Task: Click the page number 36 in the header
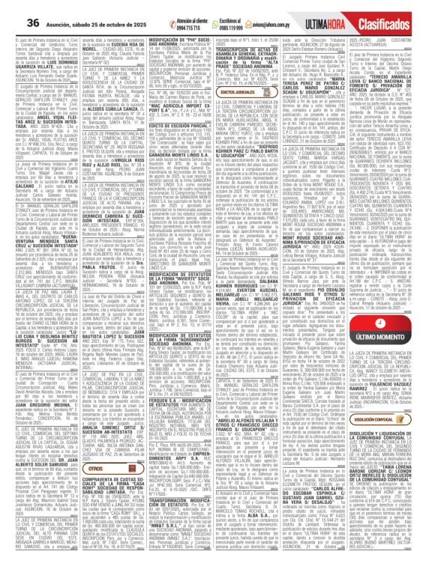click(x=13, y=8)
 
